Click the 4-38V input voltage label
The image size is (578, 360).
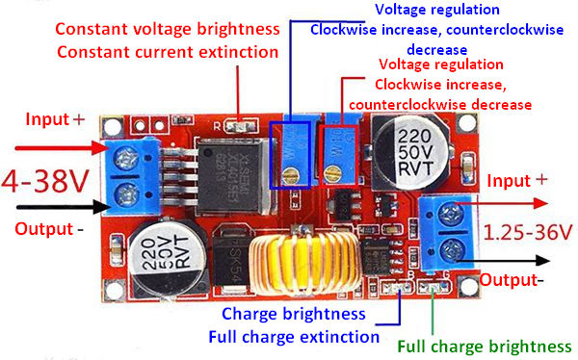coord(45,181)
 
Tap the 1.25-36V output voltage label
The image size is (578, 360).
coord(528,232)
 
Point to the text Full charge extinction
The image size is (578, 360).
coord(294,336)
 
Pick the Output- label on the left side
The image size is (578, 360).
coord(49,229)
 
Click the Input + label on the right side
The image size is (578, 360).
coord(518,180)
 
